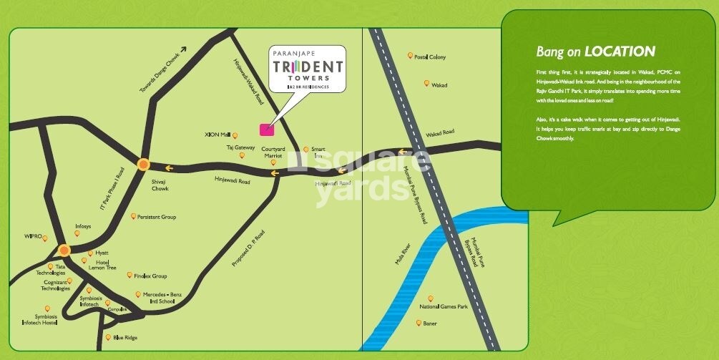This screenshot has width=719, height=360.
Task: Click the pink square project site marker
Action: (265, 129)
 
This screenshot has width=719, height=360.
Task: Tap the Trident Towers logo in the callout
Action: (308, 69)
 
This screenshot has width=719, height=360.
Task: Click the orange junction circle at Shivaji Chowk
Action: (143, 164)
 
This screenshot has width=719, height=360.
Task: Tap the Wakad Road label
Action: (440, 132)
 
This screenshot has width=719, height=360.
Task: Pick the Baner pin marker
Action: (419, 323)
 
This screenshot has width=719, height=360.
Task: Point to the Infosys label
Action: (83, 226)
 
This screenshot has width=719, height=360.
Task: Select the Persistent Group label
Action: (157, 217)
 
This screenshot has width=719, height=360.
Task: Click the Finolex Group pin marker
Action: (129, 275)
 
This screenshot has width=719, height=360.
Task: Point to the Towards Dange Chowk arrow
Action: (182, 49)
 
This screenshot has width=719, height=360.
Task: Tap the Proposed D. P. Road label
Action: (248, 247)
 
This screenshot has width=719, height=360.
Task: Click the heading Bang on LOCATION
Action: (595, 52)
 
